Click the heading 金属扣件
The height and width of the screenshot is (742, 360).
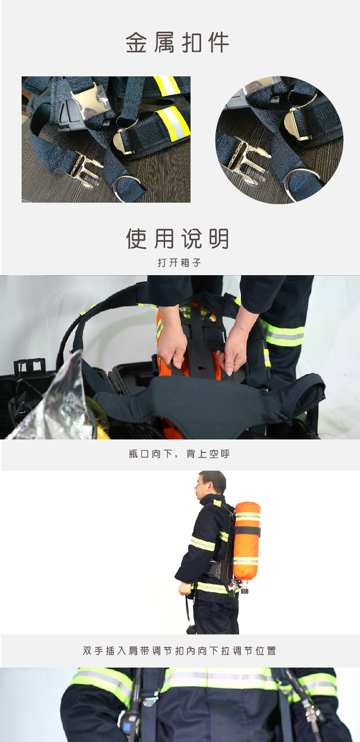point(178,42)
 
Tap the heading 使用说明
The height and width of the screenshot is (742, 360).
point(178,239)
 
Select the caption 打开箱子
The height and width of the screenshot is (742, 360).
point(179,263)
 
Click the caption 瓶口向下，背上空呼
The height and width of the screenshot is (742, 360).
point(179,454)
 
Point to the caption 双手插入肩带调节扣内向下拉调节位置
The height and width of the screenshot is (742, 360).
point(179,651)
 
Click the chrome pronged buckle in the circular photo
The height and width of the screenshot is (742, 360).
point(247,159)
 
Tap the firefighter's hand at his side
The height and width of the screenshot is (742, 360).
point(185,588)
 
